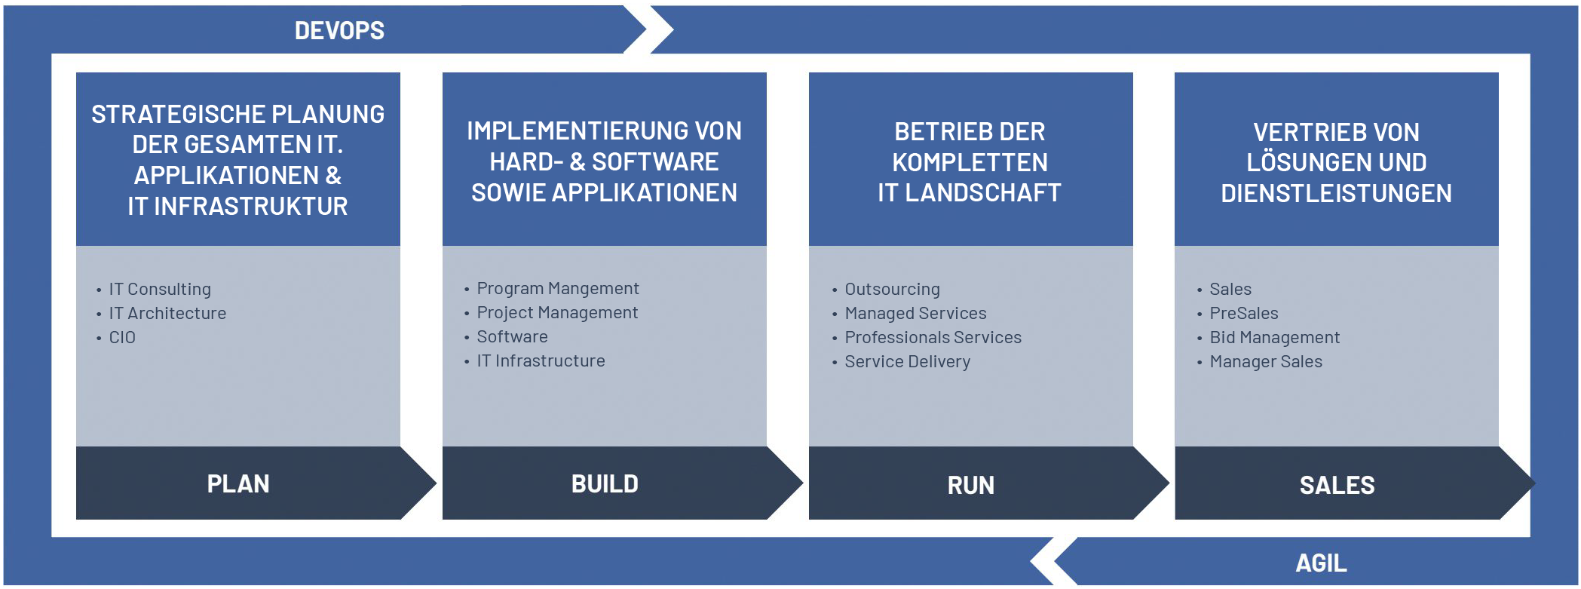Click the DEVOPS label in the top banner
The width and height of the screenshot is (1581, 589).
[x=339, y=31]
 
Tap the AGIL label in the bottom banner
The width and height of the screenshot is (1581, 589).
[x=1321, y=563]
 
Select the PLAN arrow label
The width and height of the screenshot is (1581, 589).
[x=238, y=484]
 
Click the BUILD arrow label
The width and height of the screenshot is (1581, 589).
[x=605, y=484]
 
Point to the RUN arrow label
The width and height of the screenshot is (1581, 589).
[x=971, y=486]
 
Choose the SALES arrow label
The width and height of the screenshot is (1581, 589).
[x=1337, y=486]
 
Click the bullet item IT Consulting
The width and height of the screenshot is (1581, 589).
[x=160, y=290]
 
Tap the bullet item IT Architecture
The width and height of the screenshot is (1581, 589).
[x=167, y=314]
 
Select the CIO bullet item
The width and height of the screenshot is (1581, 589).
[x=122, y=338]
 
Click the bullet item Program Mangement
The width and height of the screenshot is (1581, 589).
[x=558, y=289]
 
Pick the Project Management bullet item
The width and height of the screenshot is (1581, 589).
[x=557, y=313]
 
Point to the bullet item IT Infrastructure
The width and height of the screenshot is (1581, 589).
[x=541, y=361]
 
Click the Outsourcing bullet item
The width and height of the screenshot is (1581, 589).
[x=892, y=290]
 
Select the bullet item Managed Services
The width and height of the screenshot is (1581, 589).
[x=915, y=314]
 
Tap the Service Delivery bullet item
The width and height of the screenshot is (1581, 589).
[x=907, y=362]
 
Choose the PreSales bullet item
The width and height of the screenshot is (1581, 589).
[x=1244, y=314]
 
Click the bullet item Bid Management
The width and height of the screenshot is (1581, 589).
[x=1274, y=338]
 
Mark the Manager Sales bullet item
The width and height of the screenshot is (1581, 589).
[x=1266, y=362]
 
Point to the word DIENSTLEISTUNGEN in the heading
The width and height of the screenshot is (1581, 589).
[x=1336, y=194]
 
